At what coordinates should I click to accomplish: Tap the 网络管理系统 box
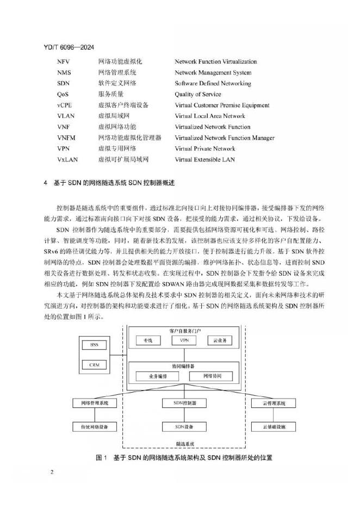pos(95,404)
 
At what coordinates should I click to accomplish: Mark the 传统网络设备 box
pos(95,427)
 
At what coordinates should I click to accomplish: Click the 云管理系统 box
pos(274,404)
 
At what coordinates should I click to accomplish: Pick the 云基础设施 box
pos(274,427)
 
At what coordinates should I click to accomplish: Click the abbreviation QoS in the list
pos(63,94)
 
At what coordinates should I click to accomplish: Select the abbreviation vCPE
pos(65,105)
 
